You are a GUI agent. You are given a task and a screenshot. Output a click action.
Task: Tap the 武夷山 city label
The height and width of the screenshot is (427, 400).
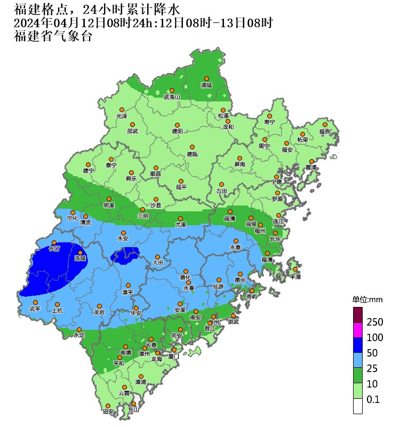point(172,97)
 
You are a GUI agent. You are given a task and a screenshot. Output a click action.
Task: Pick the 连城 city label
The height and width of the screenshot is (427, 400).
point(80,259)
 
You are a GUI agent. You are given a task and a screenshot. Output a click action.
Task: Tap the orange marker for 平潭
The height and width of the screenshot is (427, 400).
point(295,270)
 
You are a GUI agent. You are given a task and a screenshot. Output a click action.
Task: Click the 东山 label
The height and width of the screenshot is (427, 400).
point(133,410)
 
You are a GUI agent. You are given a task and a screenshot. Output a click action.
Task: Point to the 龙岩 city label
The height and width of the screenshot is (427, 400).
point(99,312)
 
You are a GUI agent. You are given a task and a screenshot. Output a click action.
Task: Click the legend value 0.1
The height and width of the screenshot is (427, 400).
point(373,399)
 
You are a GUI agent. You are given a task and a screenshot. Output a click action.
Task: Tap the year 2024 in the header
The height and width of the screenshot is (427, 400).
point(25,23)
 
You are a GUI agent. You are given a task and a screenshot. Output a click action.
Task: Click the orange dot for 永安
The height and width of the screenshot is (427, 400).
point(123,233)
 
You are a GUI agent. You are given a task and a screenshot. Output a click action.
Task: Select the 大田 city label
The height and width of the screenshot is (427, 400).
point(157,263)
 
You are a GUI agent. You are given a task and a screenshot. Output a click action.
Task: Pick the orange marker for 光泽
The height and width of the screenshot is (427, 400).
point(122,109)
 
